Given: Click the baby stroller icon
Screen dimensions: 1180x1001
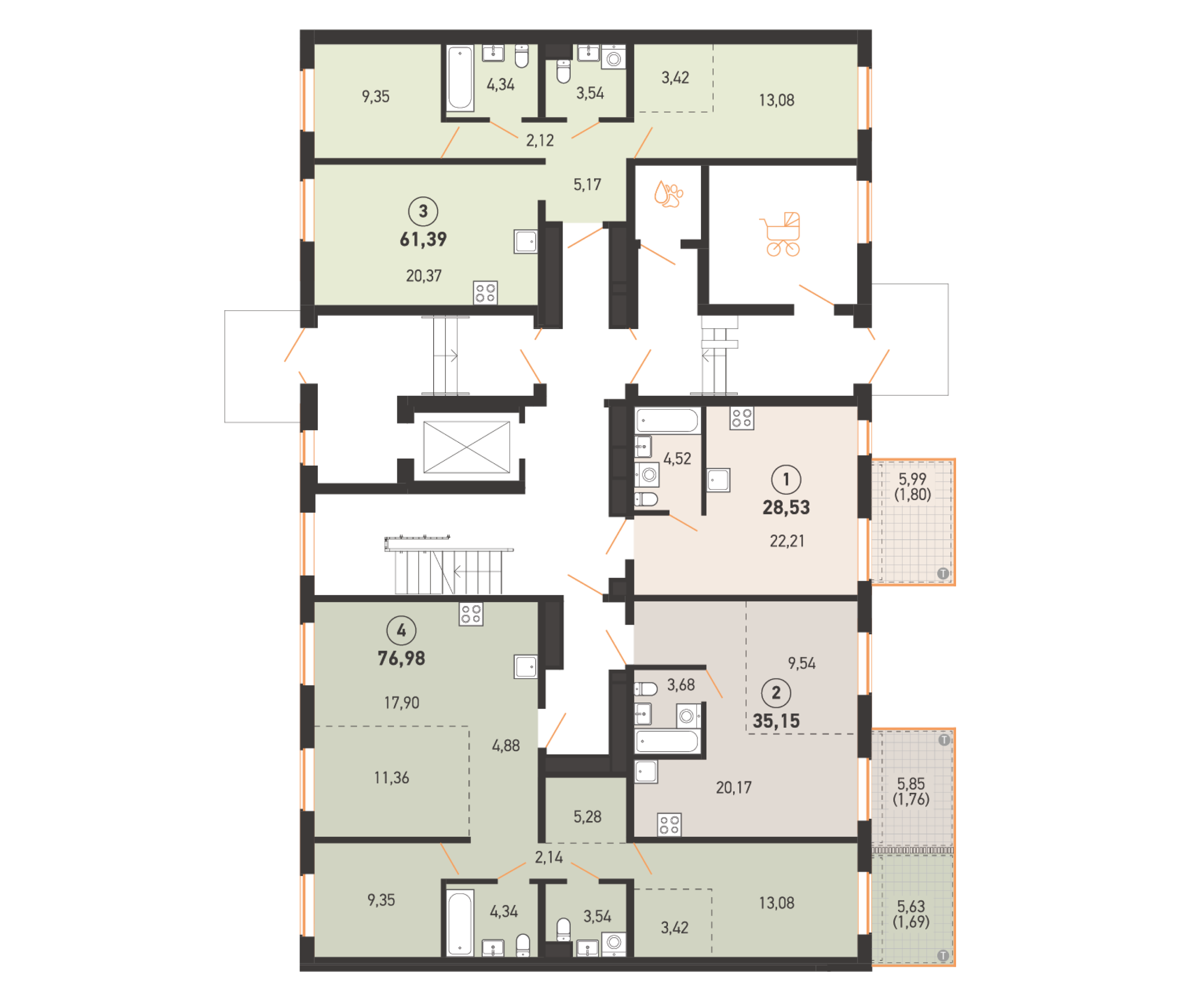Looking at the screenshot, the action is pyautogui.click(x=781, y=234).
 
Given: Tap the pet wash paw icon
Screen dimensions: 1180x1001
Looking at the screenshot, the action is pyautogui.click(x=668, y=194).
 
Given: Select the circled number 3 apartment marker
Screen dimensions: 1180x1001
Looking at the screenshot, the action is pyautogui.click(x=423, y=211).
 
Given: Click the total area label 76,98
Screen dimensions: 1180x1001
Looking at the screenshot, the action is pyautogui.click(x=401, y=658).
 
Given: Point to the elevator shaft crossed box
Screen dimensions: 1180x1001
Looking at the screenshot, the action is pyautogui.click(x=467, y=447).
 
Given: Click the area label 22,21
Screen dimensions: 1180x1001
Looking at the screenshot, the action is pyautogui.click(x=787, y=541).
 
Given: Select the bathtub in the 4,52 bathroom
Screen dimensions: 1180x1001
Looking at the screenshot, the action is pyautogui.click(x=667, y=421).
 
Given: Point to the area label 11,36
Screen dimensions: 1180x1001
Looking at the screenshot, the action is pyautogui.click(x=391, y=777).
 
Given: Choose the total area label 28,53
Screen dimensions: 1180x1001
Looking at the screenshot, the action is pyautogui.click(x=786, y=507).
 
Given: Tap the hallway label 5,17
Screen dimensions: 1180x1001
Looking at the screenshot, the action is pyautogui.click(x=587, y=185).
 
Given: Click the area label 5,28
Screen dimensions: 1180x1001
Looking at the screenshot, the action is pyautogui.click(x=587, y=816).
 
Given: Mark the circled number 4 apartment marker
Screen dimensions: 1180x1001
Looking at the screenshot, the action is pyautogui.click(x=401, y=630).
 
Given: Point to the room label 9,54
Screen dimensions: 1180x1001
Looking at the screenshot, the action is pyautogui.click(x=802, y=663).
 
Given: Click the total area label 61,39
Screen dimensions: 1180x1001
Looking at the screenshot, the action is pyautogui.click(x=423, y=239).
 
